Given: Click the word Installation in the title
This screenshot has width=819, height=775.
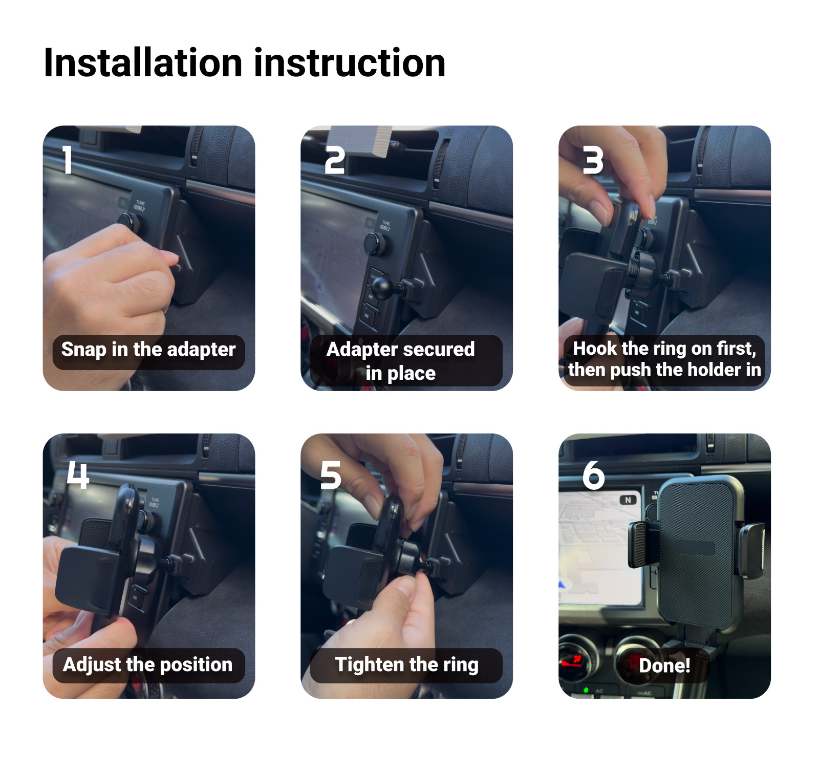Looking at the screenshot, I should [143, 63].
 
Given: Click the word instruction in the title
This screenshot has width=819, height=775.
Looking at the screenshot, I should [350, 63].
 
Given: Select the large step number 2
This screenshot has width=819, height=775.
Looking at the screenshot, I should [335, 160].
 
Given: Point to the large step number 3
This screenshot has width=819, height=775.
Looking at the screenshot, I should [593, 160].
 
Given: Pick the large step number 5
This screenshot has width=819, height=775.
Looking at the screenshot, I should [330, 475].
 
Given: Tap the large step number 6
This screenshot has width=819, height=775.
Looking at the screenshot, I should [593, 475].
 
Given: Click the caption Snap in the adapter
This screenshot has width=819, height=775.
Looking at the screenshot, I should [148, 350].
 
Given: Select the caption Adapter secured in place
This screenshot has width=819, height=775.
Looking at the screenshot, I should [401, 361].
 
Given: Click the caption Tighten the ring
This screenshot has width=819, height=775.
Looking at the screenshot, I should [406, 665].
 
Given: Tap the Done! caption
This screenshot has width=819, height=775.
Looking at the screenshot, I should [664, 665].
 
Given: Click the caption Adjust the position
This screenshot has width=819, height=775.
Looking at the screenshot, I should [148, 665].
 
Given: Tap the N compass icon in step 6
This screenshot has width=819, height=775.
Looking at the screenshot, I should [628, 500].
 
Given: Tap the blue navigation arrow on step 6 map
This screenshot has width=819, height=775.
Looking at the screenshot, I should [564, 584].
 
